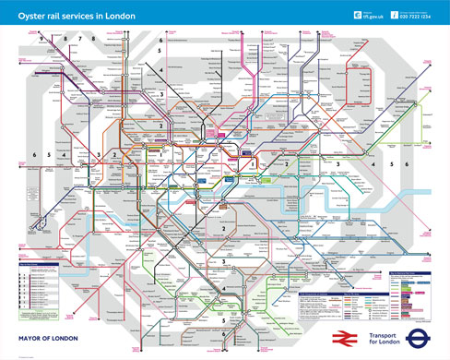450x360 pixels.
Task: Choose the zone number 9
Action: (x=42, y=40)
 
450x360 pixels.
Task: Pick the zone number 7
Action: (x=92, y=40)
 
